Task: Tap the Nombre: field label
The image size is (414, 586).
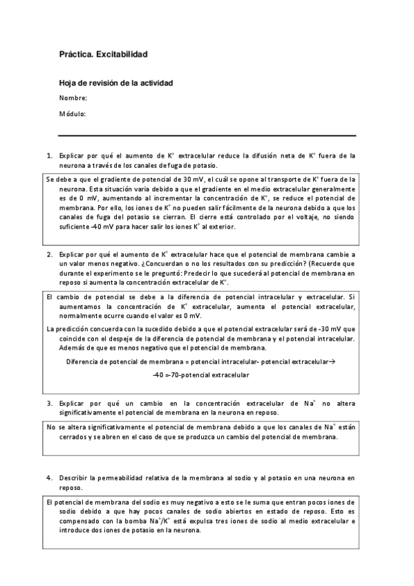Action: [x=73, y=98]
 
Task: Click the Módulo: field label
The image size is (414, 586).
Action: [x=72, y=113]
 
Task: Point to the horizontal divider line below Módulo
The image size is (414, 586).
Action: [x=207, y=135]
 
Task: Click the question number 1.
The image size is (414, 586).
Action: [x=49, y=156]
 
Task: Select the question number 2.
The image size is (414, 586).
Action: [x=49, y=254]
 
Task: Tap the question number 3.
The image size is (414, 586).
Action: [x=49, y=401]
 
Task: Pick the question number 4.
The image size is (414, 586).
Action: [x=49, y=478]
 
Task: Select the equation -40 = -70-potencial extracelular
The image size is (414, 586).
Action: [x=201, y=375]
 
